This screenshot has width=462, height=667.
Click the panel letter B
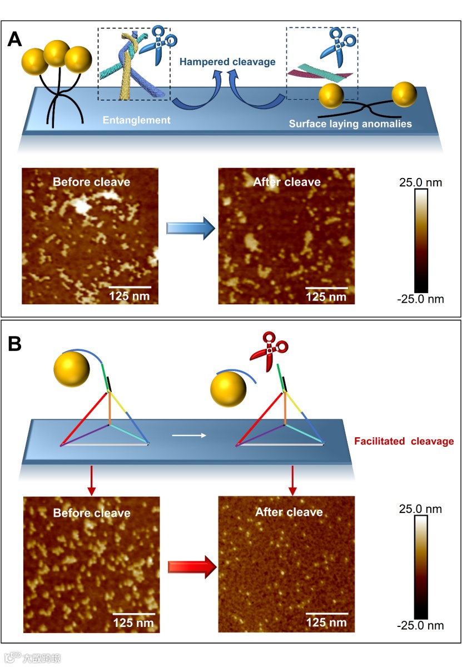pyautogui.click(x=15, y=344)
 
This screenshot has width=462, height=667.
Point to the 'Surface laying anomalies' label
pyautogui.click(x=350, y=123)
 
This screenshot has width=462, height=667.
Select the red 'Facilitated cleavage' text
pyautogui.click(x=404, y=442)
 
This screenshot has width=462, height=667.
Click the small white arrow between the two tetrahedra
pyautogui.click(x=189, y=435)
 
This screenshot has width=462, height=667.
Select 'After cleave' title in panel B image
pyautogui.click(x=289, y=512)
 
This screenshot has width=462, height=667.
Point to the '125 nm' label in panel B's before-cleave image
pyautogui.click(x=134, y=622)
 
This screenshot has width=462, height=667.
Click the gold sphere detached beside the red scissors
pyautogui.click(x=228, y=391)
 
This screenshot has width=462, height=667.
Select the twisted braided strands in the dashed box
pyautogui.click(x=128, y=64)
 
